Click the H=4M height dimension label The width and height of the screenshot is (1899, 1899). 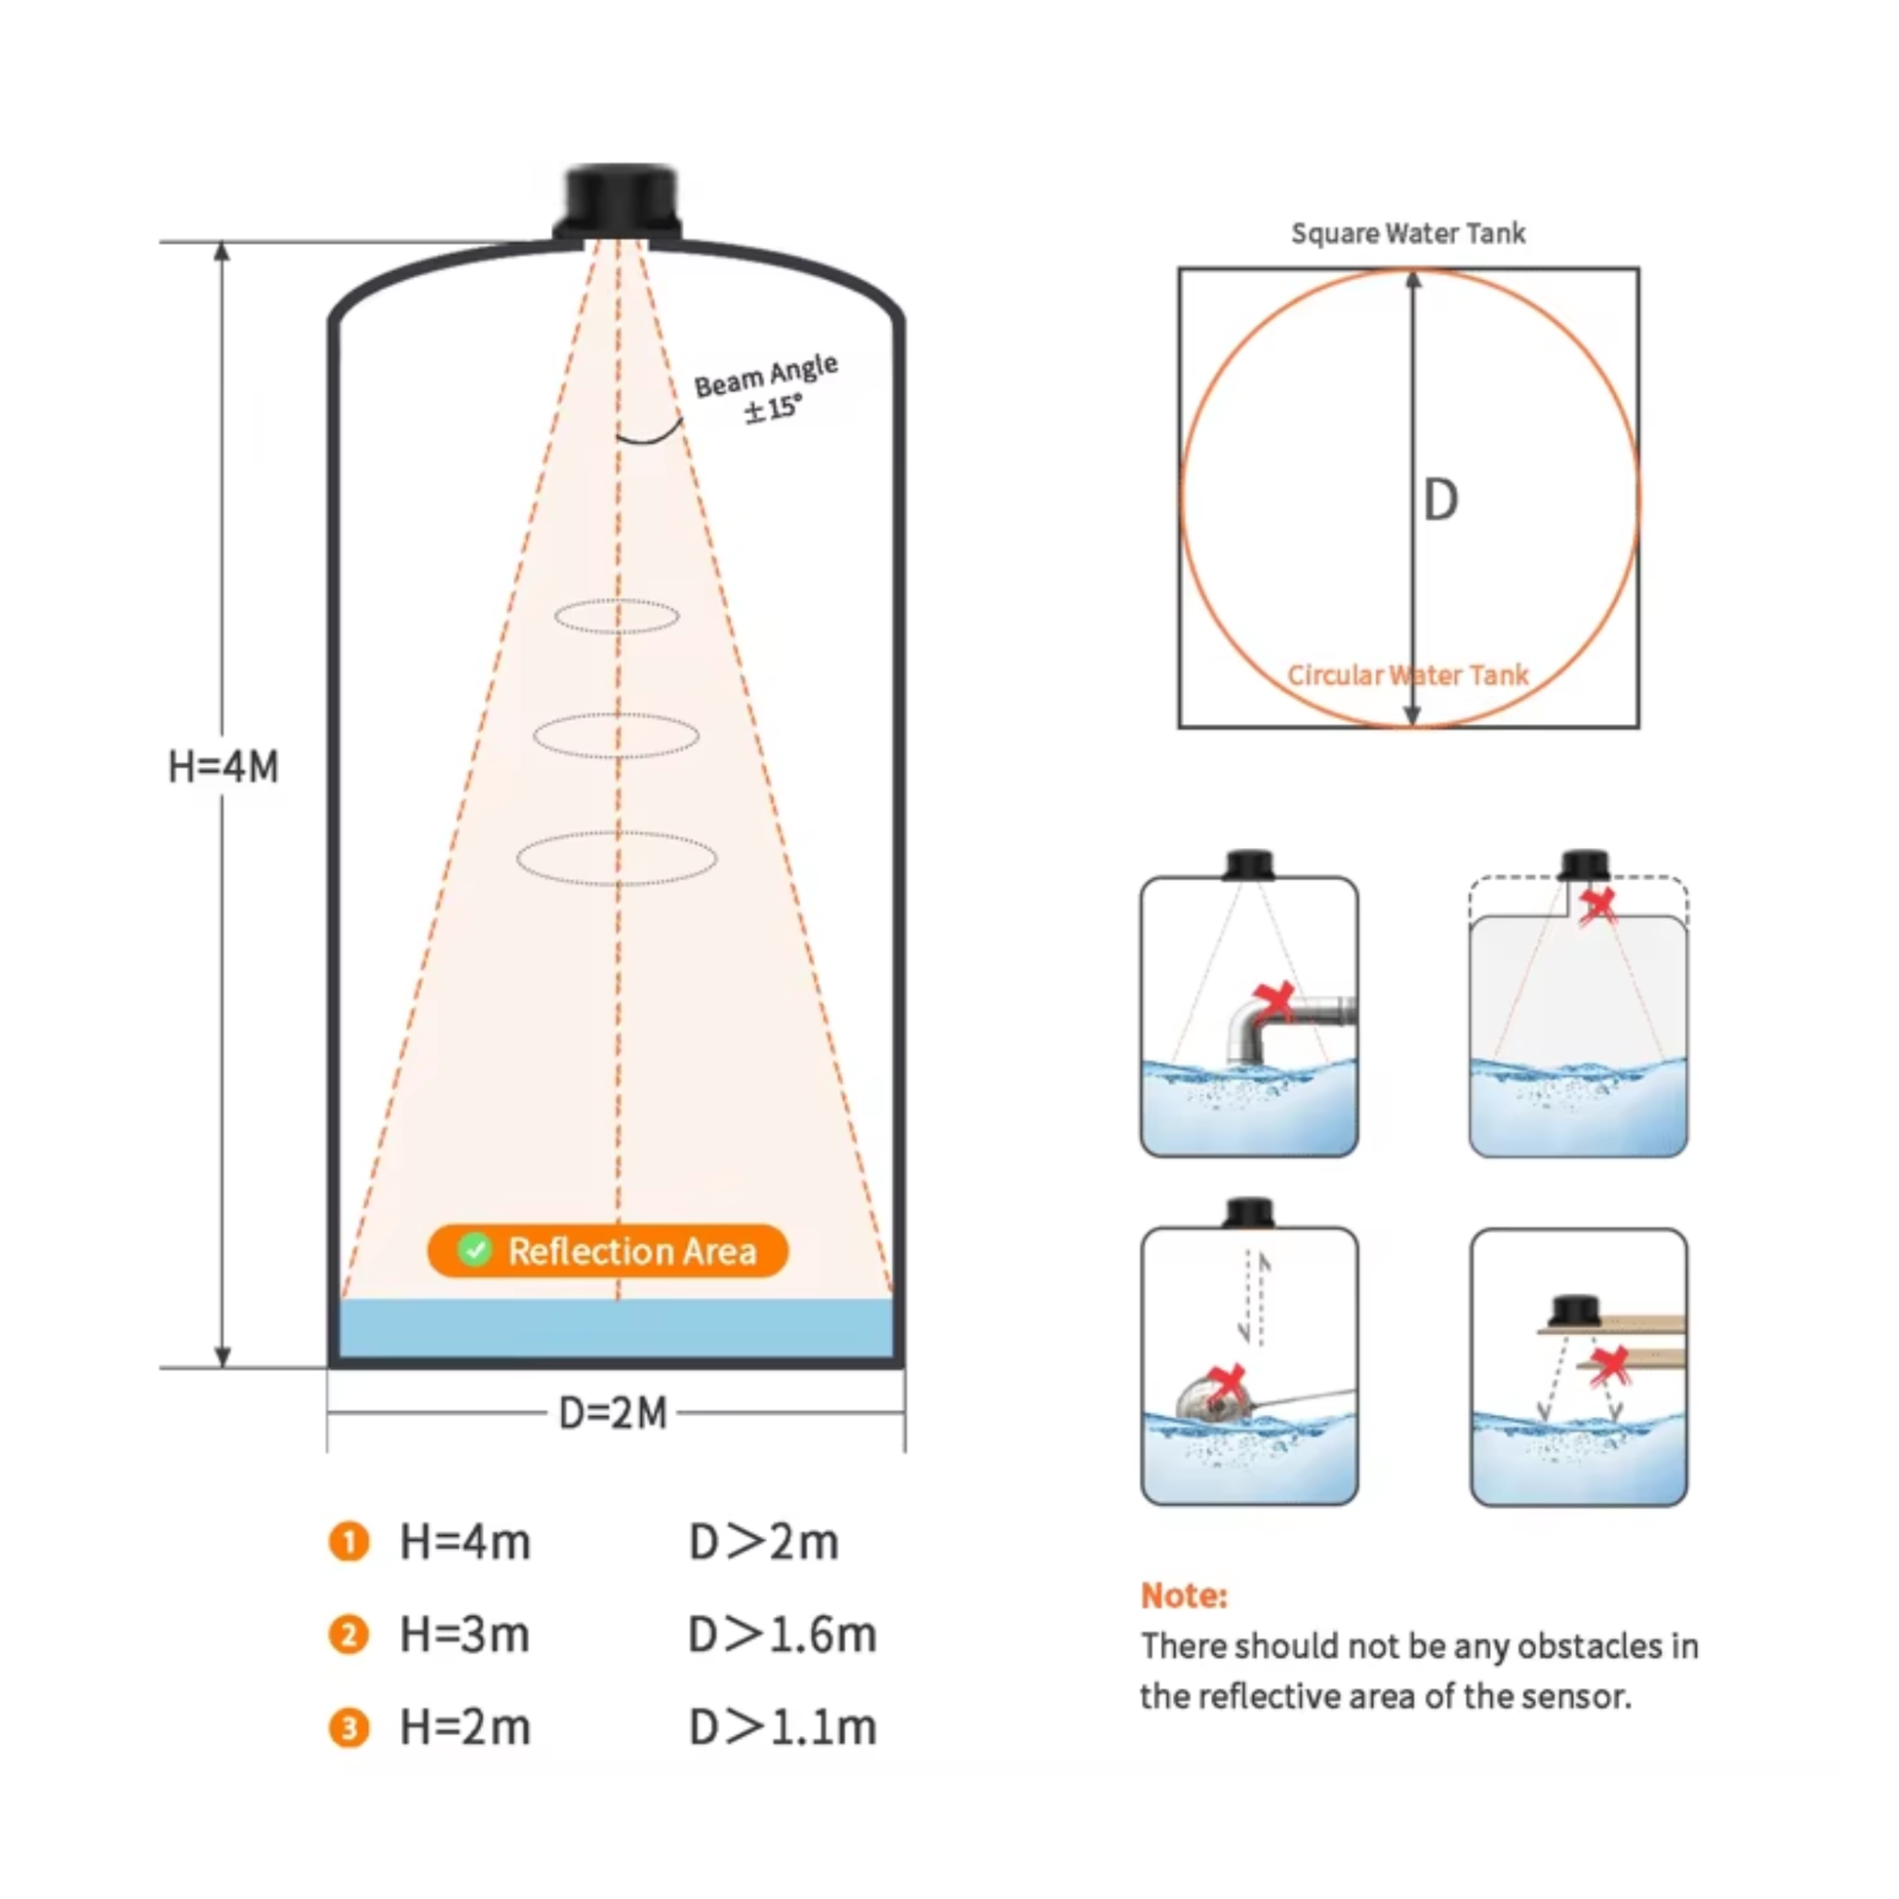(x=223, y=767)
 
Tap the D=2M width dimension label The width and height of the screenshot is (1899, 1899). (x=613, y=1413)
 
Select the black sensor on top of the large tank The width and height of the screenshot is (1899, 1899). (x=619, y=202)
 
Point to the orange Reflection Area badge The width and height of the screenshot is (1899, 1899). (x=608, y=1251)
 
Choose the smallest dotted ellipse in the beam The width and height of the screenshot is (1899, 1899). (x=617, y=617)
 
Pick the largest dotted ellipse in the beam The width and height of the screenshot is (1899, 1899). (x=617, y=858)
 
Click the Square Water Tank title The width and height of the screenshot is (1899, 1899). (x=1407, y=234)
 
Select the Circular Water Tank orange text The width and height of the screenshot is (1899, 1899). (x=1407, y=675)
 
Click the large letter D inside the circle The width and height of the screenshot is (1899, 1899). (x=1441, y=501)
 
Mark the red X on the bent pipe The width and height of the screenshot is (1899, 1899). (x=1274, y=1002)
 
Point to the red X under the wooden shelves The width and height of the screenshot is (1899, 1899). (x=1610, y=1366)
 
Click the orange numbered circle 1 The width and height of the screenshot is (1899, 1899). (x=349, y=1541)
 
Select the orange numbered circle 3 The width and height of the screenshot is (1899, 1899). (x=349, y=1728)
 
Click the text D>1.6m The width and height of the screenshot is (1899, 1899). (x=783, y=1635)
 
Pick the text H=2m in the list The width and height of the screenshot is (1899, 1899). (x=465, y=1728)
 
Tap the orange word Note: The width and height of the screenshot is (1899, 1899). (x=1184, y=1595)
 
